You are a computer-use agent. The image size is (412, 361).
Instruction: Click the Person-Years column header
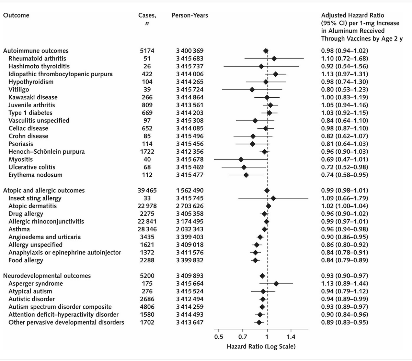point(190,15)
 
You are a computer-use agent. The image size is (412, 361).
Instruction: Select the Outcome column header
point(16,15)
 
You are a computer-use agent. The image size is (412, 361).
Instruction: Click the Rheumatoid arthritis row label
point(37,58)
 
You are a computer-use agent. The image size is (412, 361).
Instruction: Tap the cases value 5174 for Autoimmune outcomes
point(147,51)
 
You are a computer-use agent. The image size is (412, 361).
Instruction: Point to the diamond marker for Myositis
point(241,160)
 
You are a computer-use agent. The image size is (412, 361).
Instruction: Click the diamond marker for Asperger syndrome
point(276,284)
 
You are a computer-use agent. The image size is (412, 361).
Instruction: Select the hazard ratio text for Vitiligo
point(344,90)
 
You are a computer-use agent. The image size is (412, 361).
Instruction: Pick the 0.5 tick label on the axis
point(219,337)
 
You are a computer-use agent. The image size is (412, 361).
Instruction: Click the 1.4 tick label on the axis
point(290,337)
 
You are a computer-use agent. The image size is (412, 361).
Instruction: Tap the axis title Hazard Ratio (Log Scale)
point(261,346)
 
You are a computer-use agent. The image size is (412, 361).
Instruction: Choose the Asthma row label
point(19,229)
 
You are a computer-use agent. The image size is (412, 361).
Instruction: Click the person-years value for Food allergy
point(190,260)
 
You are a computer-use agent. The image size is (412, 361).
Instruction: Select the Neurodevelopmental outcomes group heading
point(47,276)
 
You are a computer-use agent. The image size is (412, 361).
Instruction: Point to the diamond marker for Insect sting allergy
point(273,198)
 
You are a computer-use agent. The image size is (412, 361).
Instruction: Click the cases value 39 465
point(147,190)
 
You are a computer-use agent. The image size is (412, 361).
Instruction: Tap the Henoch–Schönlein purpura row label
point(46,152)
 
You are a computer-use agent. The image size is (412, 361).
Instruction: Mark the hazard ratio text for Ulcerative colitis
point(344,167)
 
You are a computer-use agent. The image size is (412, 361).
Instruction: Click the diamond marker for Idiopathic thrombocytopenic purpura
point(276,74)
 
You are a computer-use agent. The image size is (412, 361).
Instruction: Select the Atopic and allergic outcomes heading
point(44,190)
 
